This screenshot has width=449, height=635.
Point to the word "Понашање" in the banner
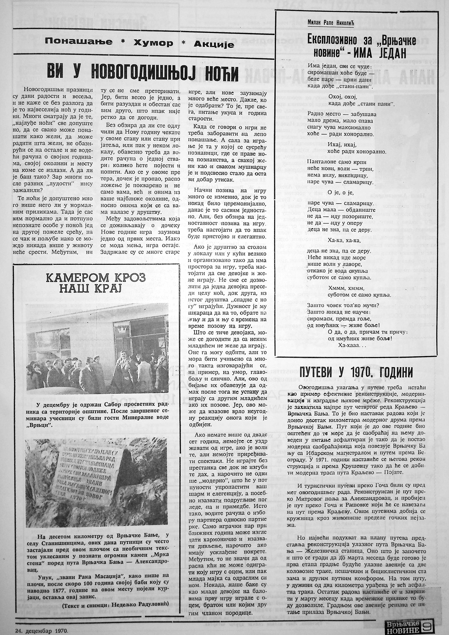pyautogui.click(x=79, y=42)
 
